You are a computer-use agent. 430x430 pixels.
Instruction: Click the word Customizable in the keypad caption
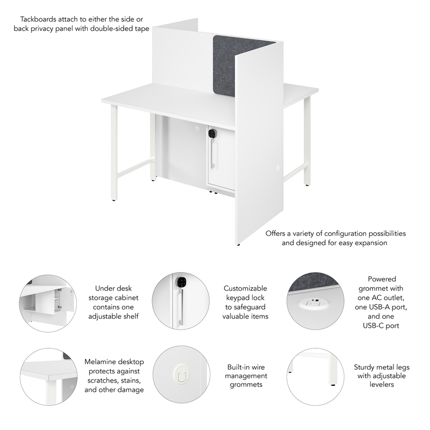coord(245,288)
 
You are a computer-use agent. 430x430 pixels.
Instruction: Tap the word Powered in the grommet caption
coord(382,279)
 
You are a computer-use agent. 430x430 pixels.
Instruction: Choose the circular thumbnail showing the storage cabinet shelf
coord(48,303)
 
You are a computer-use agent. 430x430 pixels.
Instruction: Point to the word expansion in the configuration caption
coord(368,243)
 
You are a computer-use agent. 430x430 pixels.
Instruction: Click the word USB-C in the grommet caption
coord(382,325)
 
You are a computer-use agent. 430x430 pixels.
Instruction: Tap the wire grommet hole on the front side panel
coord(278,168)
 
